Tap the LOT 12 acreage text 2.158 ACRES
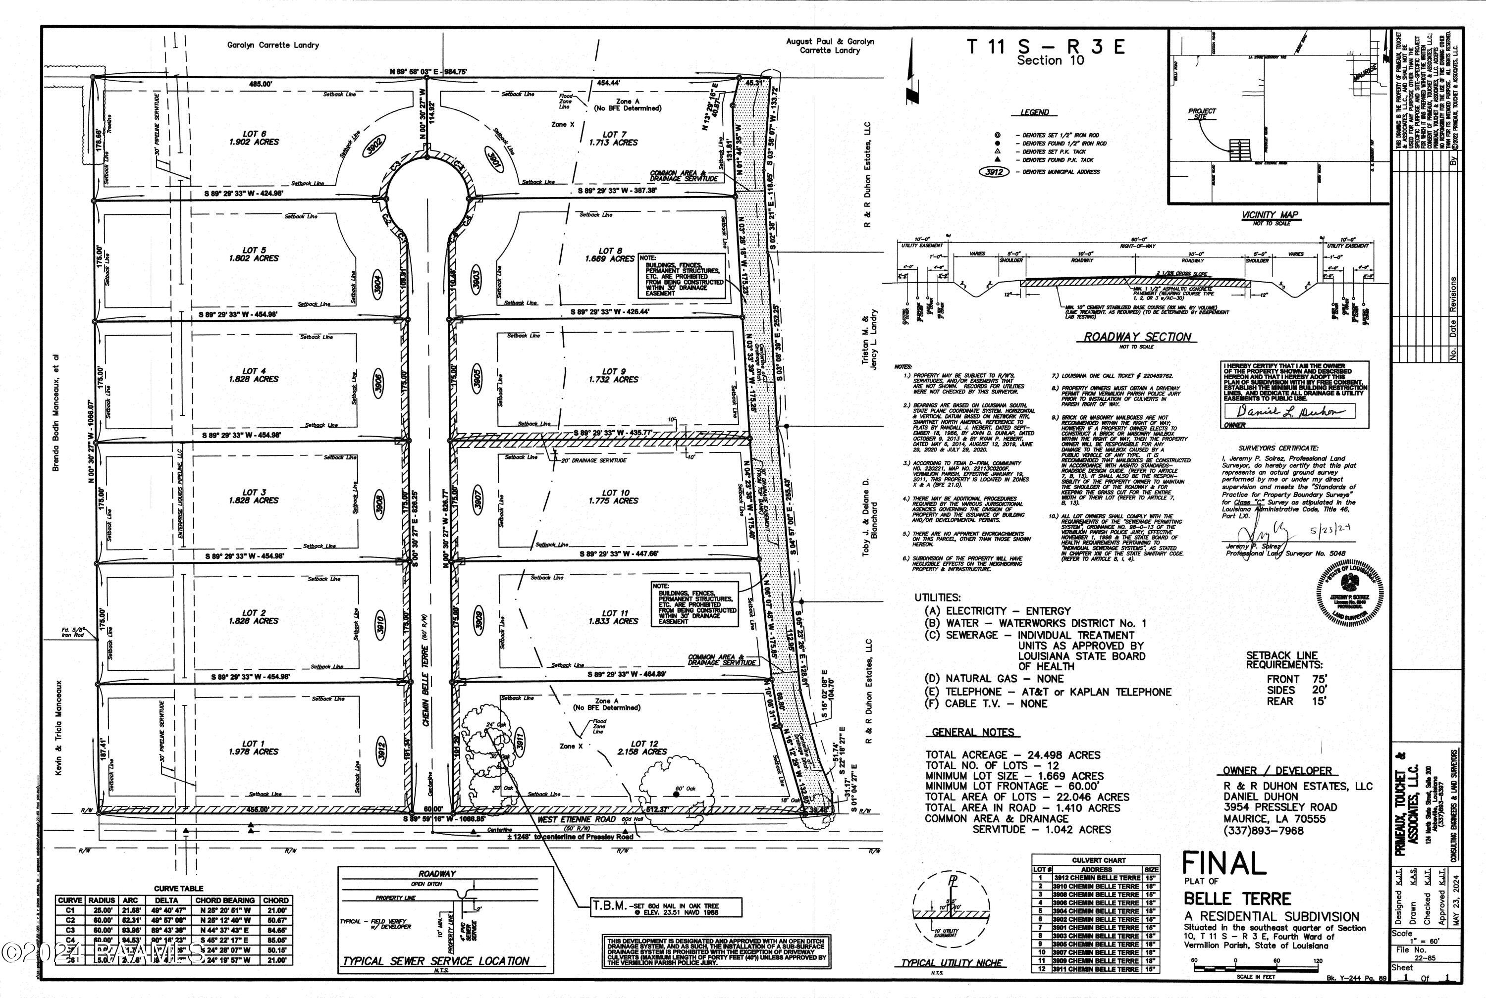pos(641,751)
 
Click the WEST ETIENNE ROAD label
pos(578,820)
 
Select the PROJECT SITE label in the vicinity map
pos(1201,114)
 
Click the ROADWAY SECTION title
pos(1137,337)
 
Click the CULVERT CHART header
pos(1096,860)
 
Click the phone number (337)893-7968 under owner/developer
pos(1263,831)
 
